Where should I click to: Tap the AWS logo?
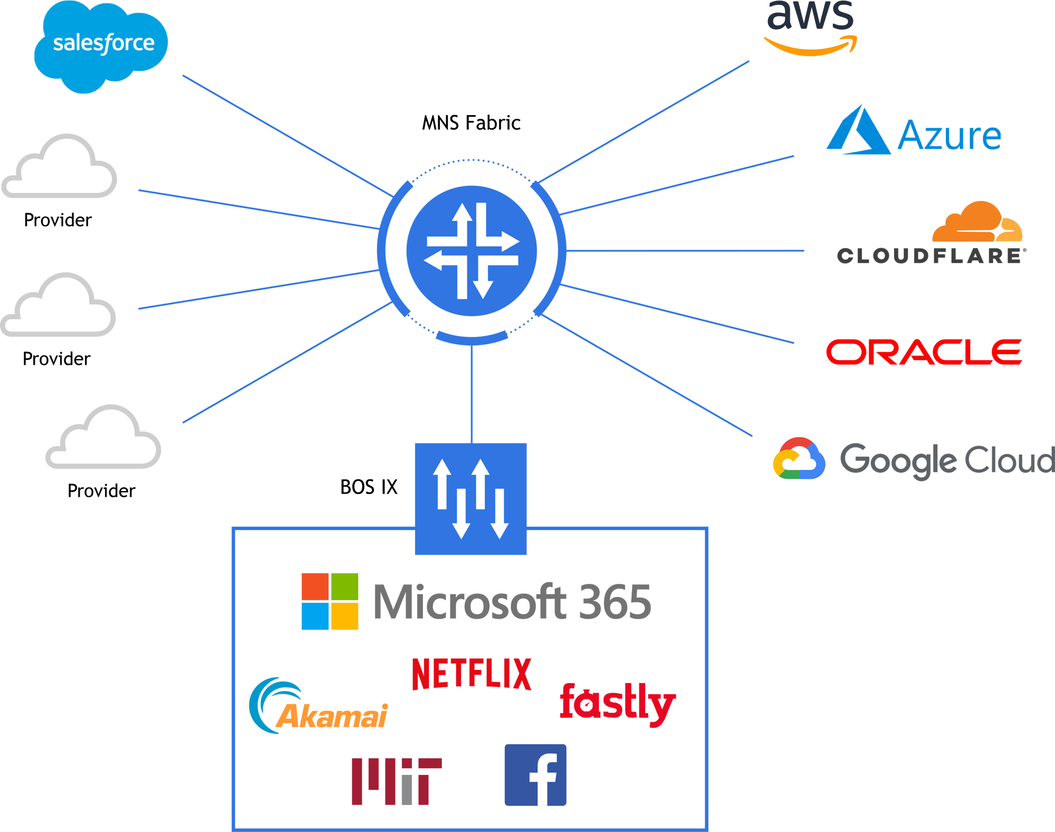pos(811,26)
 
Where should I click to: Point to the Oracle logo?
pos(924,352)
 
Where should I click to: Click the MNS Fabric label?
pos(471,123)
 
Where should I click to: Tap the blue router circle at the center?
pos(472,251)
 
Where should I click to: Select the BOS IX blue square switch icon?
pos(471,499)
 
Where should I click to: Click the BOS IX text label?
pos(369,487)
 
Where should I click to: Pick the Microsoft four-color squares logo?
pos(330,601)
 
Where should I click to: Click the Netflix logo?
pos(471,674)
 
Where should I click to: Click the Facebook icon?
pos(535,776)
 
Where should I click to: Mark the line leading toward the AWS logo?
pos(644,121)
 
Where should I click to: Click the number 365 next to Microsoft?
pos(615,602)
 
